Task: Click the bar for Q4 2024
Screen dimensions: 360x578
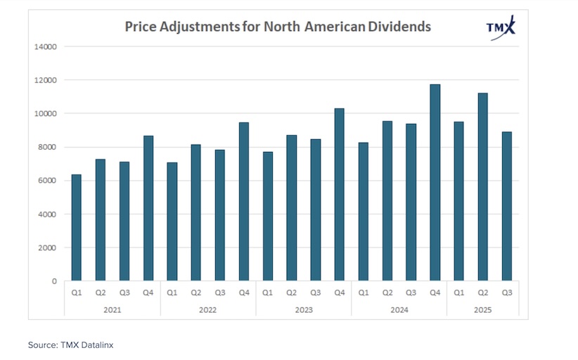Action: pyautogui.click(x=435, y=183)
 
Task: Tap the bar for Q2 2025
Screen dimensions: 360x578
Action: pyautogui.click(x=482, y=187)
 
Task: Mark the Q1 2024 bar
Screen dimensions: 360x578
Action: pyautogui.click(x=363, y=212)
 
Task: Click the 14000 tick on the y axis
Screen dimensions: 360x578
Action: pyautogui.click(x=46, y=46)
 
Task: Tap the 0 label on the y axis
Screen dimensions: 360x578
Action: pyautogui.click(x=54, y=281)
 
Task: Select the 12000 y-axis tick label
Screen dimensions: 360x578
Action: pyautogui.click(x=46, y=80)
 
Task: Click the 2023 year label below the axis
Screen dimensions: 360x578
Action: pyautogui.click(x=303, y=309)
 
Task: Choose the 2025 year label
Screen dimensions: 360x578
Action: pyautogui.click(x=482, y=309)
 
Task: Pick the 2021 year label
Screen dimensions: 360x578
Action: pyautogui.click(x=112, y=309)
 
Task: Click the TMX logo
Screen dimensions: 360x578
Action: pyautogui.click(x=501, y=26)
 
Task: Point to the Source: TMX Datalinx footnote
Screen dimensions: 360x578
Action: pyautogui.click(x=70, y=345)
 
